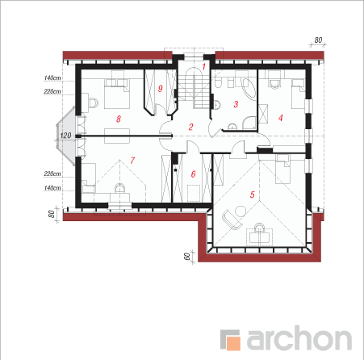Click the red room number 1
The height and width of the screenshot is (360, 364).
point(203,66)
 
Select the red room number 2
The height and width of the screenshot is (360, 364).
point(190,127)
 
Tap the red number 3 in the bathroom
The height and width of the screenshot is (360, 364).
point(236,104)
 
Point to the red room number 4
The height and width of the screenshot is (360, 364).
point(281,118)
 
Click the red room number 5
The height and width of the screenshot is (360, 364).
point(252,195)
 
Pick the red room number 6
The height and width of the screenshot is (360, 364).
point(193,174)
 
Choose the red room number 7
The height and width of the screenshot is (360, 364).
point(132,161)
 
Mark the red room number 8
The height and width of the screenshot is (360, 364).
point(119,119)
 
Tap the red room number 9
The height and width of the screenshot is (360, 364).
point(161,88)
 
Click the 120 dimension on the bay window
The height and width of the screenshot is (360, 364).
point(65,136)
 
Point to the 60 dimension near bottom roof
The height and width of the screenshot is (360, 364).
point(186,257)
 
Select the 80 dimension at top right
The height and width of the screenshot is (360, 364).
point(318,40)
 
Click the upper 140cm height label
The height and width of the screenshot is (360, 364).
point(52,77)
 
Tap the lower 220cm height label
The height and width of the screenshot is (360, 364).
point(52,174)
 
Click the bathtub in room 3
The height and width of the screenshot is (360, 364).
point(249,89)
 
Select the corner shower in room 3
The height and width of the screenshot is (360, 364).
point(249,123)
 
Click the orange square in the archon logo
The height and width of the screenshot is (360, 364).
point(233,342)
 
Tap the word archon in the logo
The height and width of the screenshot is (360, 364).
point(299,338)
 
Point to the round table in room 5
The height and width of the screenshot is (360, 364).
point(241,211)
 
